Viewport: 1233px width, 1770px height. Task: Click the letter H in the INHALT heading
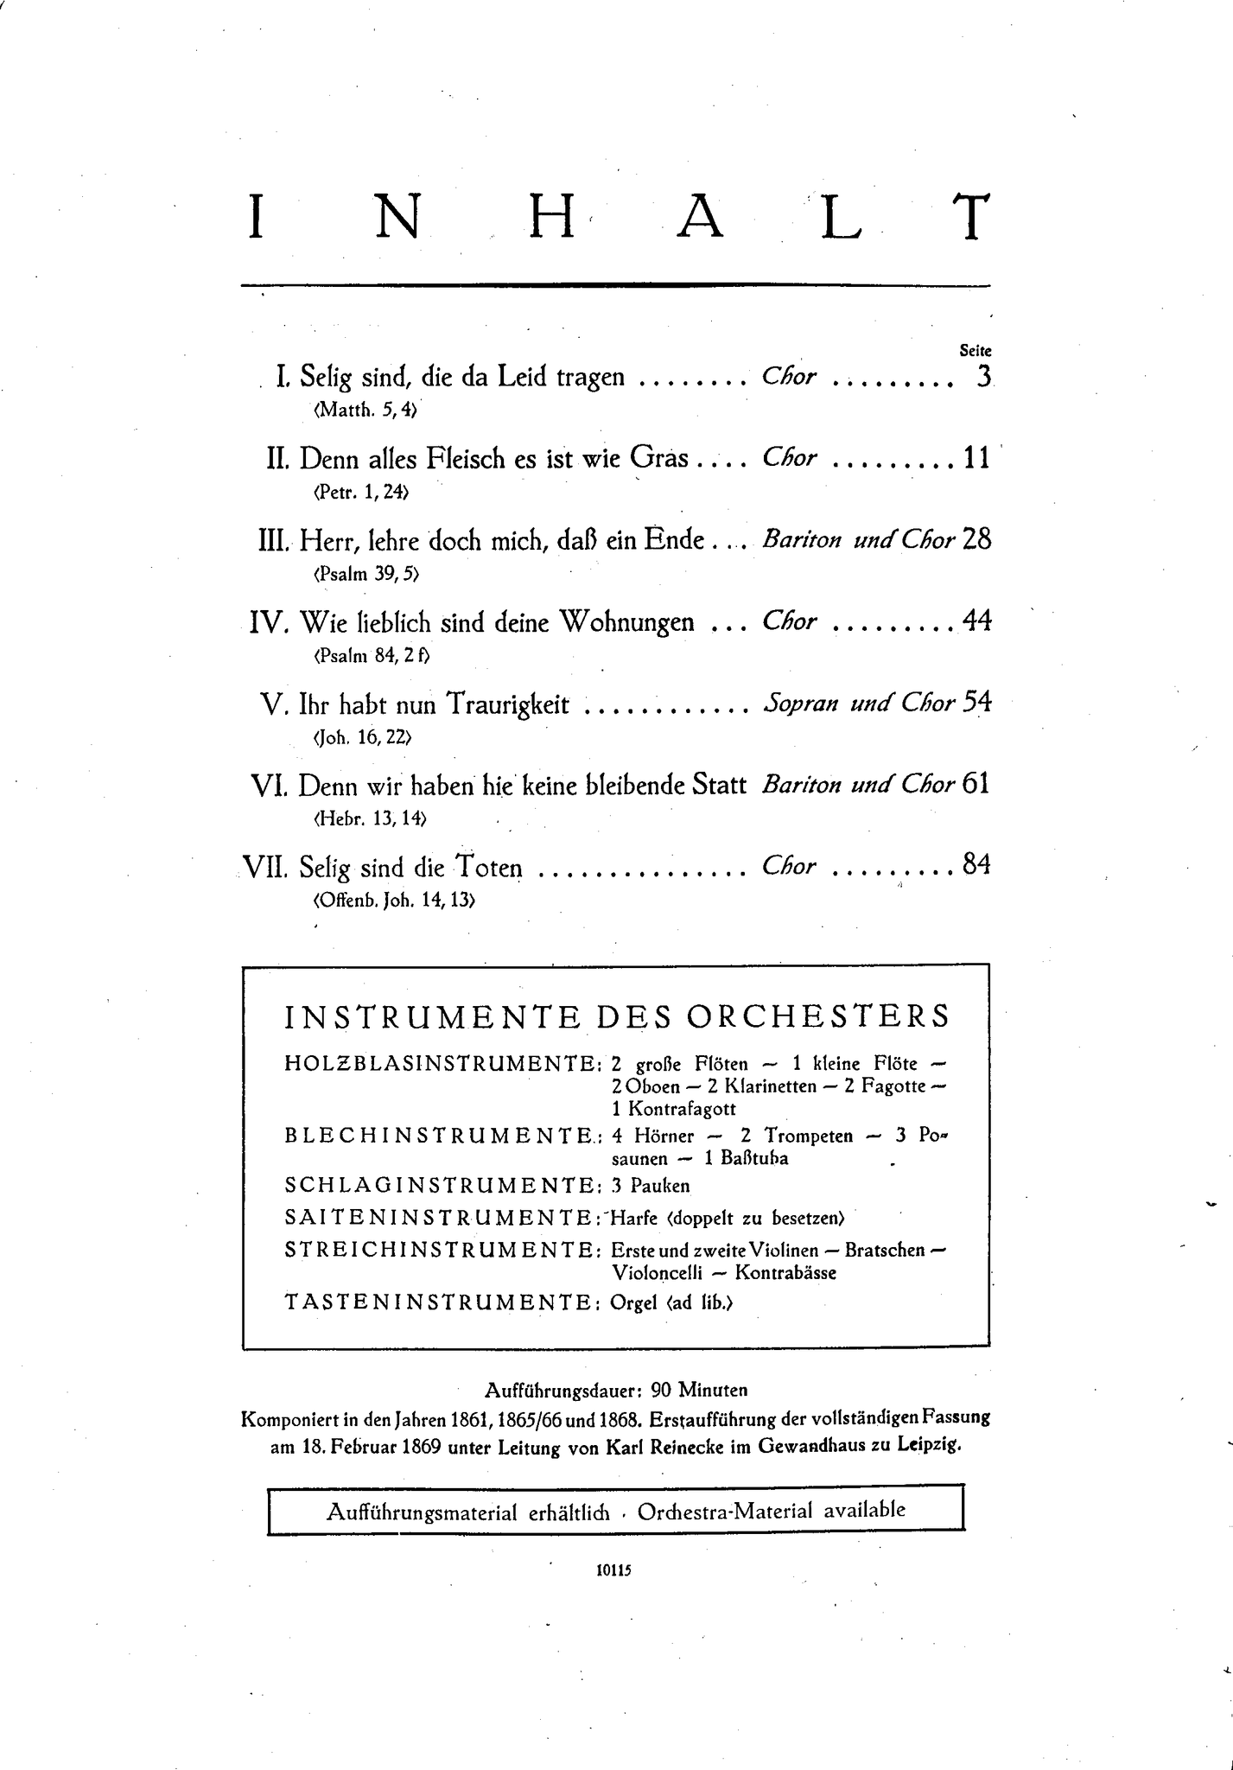coord(551,217)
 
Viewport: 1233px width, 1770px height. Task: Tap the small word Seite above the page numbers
coord(976,351)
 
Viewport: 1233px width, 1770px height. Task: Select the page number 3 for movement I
coord(982,377)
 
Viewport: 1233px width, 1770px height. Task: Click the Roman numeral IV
coord(266,622)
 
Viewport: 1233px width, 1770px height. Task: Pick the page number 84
coord(976,865)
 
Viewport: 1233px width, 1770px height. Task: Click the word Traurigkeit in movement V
coord(507,705)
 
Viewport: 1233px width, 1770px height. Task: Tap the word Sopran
coord(801,704)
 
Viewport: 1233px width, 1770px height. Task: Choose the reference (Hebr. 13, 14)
coord(369,818)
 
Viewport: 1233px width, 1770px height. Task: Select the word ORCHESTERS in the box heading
coord(817,1016)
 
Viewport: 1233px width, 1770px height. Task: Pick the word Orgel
coord(634,1302)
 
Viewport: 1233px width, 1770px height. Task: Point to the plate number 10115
coord(614,1570)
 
